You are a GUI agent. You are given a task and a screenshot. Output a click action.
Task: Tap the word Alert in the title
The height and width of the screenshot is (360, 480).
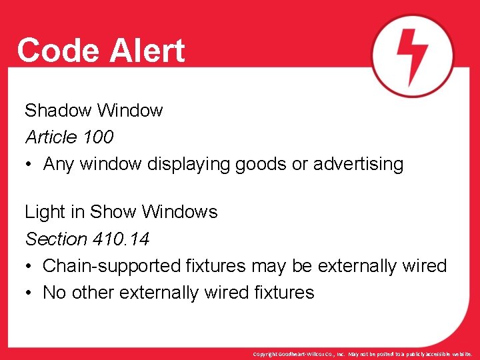pos(142,51)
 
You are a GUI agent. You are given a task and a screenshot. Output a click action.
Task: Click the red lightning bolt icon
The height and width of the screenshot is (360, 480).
pos(412,55)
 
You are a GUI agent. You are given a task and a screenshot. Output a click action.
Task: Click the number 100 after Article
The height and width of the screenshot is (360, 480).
pos(98,137)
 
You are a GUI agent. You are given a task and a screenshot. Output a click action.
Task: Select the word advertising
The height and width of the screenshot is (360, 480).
pos(357,165)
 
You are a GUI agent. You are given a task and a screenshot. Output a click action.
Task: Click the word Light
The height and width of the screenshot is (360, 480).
pos(43,212)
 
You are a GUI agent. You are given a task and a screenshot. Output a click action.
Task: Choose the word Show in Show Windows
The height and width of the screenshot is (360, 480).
pos(112,212)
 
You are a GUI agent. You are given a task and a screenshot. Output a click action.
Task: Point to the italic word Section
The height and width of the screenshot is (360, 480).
pos(56,239)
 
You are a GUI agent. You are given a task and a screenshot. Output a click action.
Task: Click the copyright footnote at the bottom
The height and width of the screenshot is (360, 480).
pos(363,354)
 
